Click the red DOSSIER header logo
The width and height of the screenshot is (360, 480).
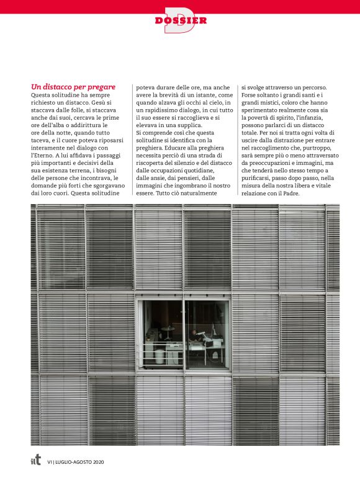[x=181, y=20]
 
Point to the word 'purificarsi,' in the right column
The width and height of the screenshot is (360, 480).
[x=259, y=177]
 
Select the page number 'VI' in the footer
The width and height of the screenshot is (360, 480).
[x=49, y=461]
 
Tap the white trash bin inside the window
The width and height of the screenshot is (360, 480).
[x=160, y=355]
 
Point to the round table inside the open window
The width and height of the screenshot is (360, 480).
[x=168, y=329]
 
